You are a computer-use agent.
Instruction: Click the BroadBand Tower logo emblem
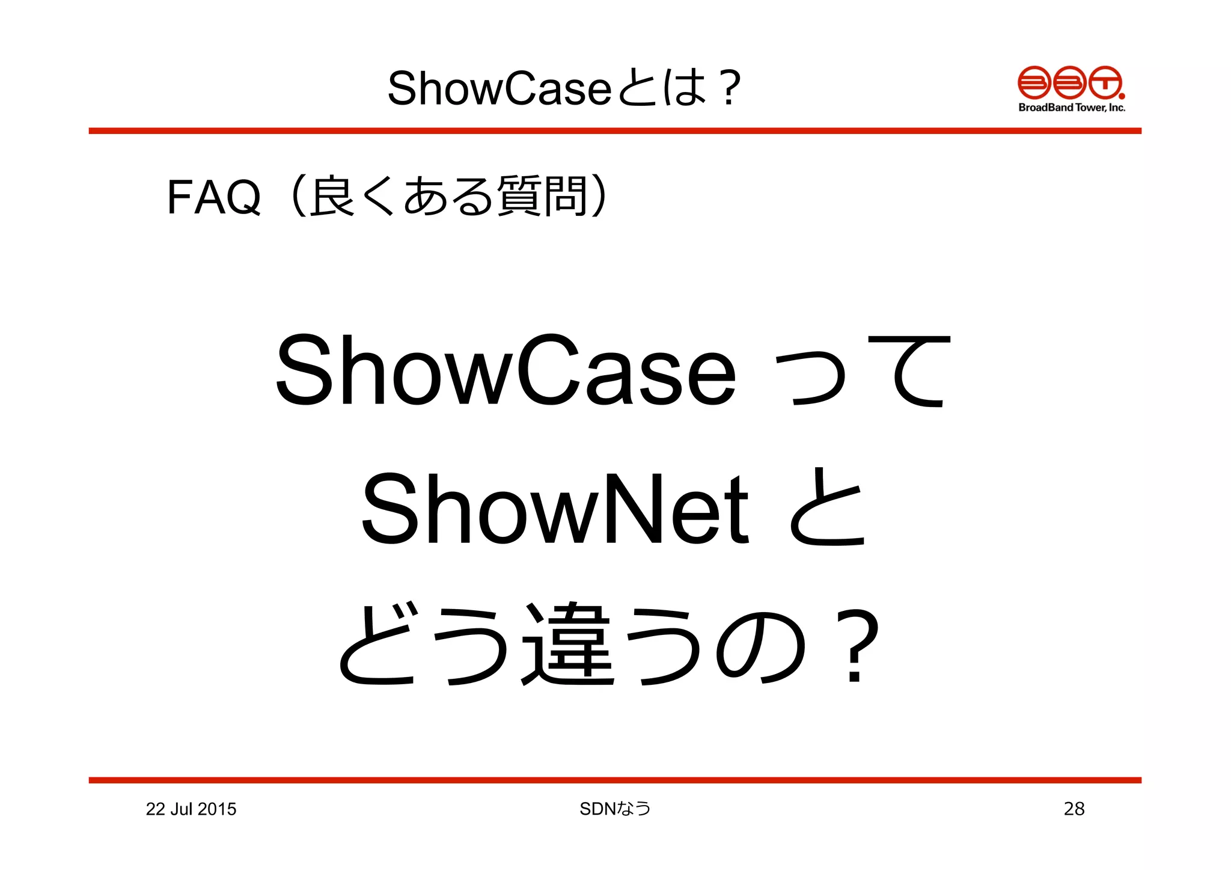1071,83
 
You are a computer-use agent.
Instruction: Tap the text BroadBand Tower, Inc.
1072,108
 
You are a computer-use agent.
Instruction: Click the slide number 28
1074,809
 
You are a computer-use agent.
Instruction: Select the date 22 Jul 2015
191,809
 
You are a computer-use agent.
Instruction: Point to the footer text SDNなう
615,809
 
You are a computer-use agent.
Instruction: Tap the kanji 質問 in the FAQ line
542,196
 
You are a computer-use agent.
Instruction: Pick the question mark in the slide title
730,88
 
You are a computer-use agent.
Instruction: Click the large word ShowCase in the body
506,371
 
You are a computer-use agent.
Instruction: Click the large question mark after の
855,646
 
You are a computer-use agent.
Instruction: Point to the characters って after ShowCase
862,371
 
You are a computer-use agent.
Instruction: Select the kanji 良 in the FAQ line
332,196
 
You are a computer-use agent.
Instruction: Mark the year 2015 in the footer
216,809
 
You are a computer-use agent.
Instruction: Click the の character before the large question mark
762,646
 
